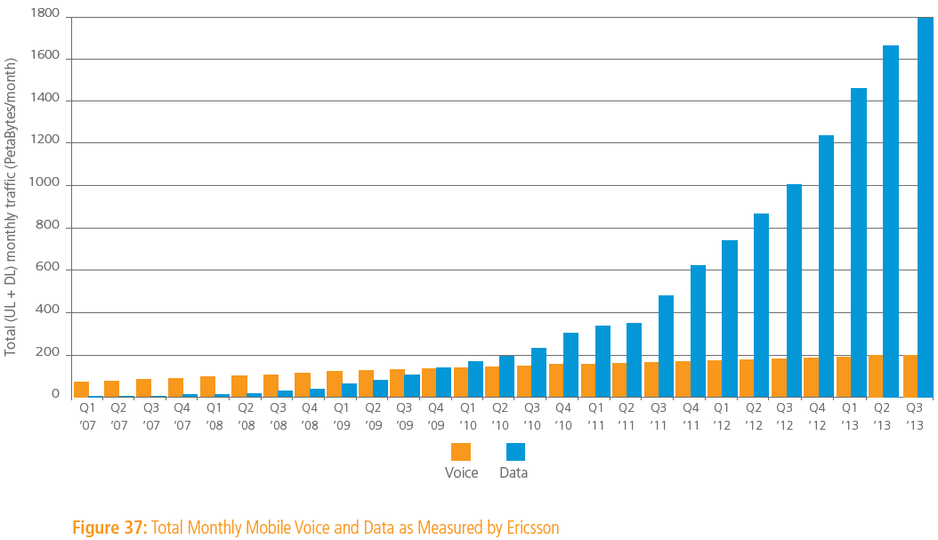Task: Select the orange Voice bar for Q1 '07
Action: [x=81, y=389]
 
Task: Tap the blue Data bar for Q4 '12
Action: [x=826, y=266]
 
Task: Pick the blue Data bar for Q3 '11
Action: [x=666, y=346]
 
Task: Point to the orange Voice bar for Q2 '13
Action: [x=876, y=375]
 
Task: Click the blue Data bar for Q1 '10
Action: [x=475, y=379]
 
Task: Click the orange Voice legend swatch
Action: [x=461, y=452]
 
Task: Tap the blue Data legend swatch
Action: [x=514, y=452]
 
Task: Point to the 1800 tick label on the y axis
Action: [x=44, y=14]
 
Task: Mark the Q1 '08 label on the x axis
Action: [x=214, y=416]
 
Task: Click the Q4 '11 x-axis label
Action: [x=691, y=416]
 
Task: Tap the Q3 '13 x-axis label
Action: [x=914, y=416]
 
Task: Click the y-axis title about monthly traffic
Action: [x=12, y=206]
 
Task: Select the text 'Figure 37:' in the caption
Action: [x=109, y=528]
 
